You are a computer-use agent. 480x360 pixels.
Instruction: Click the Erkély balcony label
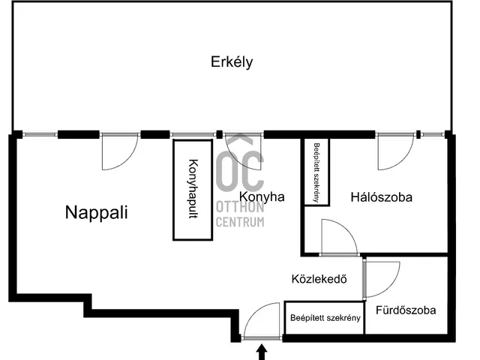(x=232, y=62)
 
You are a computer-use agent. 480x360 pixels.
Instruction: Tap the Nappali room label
(x=97, y=212)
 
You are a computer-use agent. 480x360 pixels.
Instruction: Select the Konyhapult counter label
(x=193, y=189)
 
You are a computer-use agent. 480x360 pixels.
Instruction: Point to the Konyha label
(x=262, y=196)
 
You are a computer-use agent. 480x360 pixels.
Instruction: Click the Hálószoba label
(x=382, y=197)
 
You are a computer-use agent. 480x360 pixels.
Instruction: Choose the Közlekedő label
(x=319, y=279)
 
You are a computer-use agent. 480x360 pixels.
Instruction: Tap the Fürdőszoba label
(x=406, y=310)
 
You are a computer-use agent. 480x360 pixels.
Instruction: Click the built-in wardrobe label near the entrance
(x=325, y=318)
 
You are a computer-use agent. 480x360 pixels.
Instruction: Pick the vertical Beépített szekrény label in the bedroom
(x=316, y=172)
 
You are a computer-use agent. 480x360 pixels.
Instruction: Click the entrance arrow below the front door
(x=262, y=352)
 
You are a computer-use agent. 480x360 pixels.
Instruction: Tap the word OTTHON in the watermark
(x=240, y=207)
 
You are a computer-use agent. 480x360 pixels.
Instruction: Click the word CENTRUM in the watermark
(x=240, y=222)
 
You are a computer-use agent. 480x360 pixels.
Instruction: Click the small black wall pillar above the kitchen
(x=219, y=134)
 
